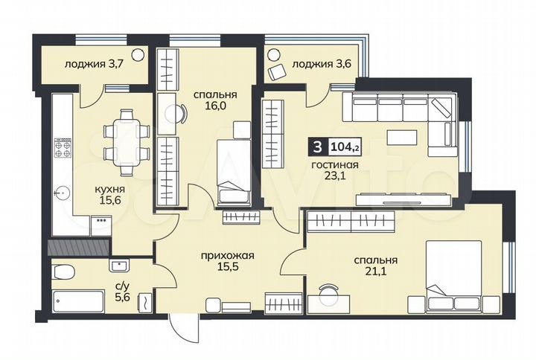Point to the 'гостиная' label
333,165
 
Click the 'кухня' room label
109,190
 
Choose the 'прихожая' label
227,255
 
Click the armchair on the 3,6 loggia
278,71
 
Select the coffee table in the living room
401,138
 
